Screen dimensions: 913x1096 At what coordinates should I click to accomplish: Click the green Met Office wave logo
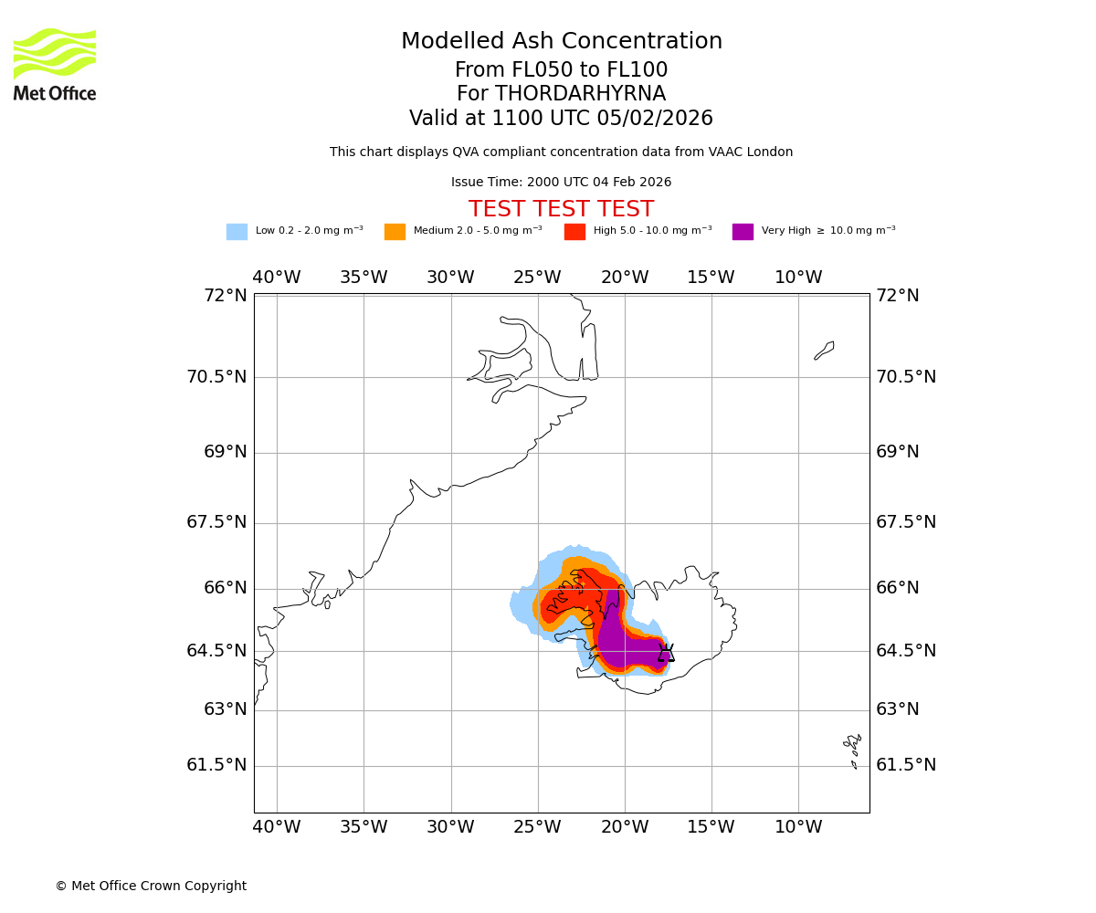[55, 53]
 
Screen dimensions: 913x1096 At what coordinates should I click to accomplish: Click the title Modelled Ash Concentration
[561, 42]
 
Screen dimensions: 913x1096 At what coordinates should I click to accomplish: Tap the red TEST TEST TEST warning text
[561, 210]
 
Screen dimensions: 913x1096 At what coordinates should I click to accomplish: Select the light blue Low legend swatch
[237, 232]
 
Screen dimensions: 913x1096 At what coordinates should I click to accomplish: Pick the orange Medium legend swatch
[395, 232]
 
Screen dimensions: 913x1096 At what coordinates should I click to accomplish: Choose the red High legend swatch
[574, 232]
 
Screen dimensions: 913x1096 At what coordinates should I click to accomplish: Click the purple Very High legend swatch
[743, 232]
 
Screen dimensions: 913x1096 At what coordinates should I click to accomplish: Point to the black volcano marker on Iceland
[666, 653]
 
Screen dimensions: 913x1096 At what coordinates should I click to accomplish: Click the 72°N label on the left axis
[225, 296]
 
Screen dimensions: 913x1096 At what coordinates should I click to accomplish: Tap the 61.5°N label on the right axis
[906, 765]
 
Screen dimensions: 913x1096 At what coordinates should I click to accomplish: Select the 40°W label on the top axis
[276, 278]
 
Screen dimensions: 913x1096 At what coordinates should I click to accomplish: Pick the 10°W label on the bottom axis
[798, 827]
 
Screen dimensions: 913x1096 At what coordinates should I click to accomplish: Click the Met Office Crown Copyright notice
[151, 887]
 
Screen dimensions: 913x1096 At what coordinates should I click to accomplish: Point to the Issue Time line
[561, 183]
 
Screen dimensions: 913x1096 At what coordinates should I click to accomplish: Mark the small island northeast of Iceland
[824, 351]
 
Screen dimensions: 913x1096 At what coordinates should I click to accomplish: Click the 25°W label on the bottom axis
[537, 827]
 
